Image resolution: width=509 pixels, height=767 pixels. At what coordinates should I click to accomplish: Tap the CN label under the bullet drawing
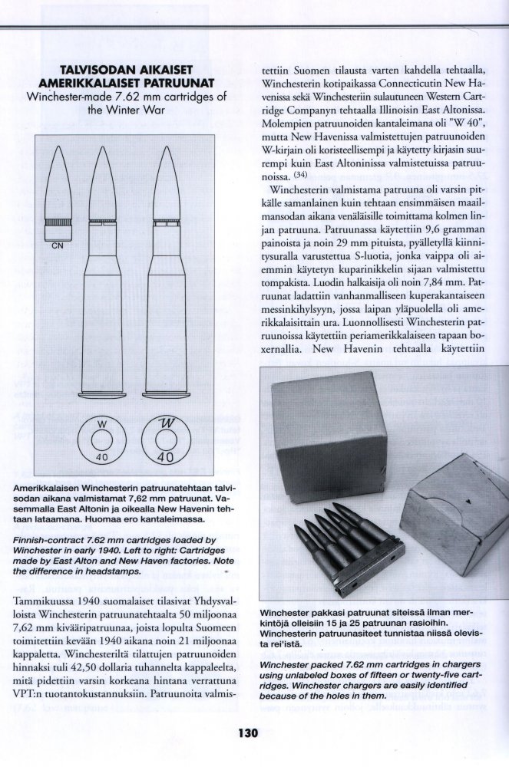click(x=58, y=246)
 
